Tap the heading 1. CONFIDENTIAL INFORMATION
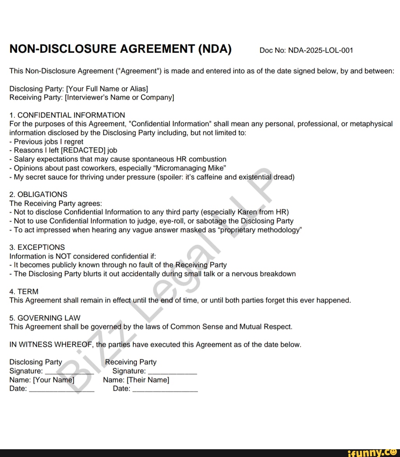point(67,115)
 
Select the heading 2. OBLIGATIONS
point(38,194)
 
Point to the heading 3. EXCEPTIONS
point(37,247)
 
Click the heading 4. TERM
point(24,291)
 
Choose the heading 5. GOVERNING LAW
point(45,318)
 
